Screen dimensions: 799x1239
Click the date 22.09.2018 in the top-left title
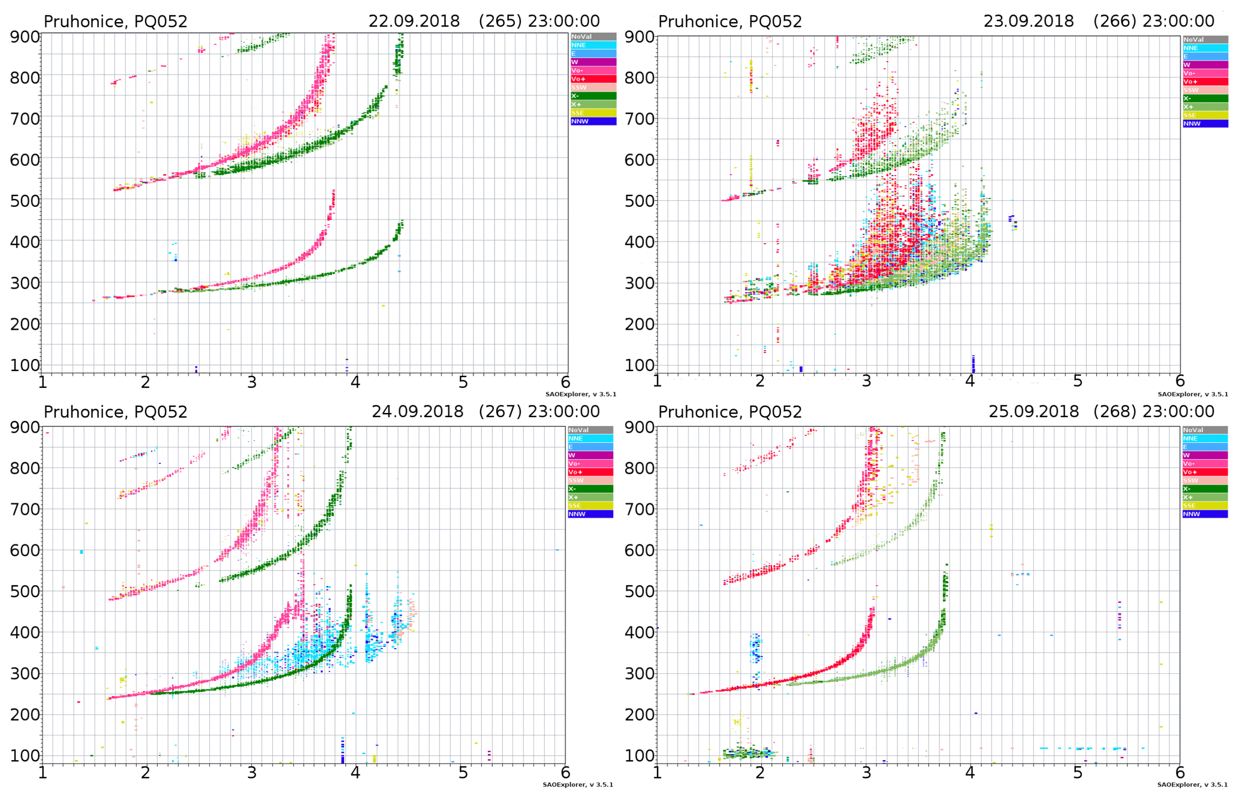(414, 22)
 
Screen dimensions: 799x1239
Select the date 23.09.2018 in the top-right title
(1028, 22)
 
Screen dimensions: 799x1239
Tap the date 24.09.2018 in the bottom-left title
(417, 412)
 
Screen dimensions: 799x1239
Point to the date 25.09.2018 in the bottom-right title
(1033, 412)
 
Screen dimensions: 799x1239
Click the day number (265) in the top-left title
(501, 22)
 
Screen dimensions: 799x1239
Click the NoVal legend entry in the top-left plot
(593, 37)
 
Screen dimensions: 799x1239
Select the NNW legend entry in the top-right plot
(1205, 124)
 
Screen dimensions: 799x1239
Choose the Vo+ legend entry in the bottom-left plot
(590, 472)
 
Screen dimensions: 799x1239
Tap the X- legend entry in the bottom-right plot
(1205, 489)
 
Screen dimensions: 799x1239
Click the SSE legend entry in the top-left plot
(593, 113)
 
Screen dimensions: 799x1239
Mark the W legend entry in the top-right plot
(1205, 65)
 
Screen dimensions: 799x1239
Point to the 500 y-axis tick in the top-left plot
(25, 201)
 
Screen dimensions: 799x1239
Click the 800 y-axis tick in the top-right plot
(639, 78)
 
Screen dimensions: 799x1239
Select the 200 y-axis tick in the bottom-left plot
(25, 714)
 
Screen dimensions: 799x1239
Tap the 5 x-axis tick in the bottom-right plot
(1077, 772)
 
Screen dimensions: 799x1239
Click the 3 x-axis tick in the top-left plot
(252, 382)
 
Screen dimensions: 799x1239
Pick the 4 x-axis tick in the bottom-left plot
(355, 772)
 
